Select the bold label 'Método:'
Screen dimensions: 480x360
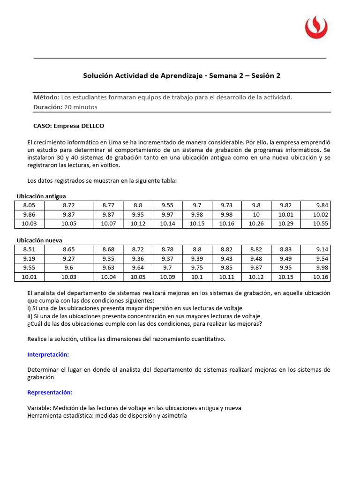tap(46, 97)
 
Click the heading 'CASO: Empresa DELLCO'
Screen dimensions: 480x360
tap(69, 126)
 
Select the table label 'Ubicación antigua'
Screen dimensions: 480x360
tap(41, 196)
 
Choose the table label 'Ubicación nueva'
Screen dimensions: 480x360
tap(39, 240)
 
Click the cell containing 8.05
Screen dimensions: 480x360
tap(29, 205)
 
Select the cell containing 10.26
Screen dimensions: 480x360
tap(256, 224)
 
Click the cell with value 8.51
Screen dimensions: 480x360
tap(29, 250)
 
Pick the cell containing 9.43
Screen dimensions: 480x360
tap(226, 259)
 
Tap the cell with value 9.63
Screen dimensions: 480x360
tap(108, 268)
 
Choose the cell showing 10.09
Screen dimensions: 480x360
tap(167, 277)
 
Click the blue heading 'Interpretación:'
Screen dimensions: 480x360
tap(48, 355)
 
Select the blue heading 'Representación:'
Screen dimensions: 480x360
tap(50, 392)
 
